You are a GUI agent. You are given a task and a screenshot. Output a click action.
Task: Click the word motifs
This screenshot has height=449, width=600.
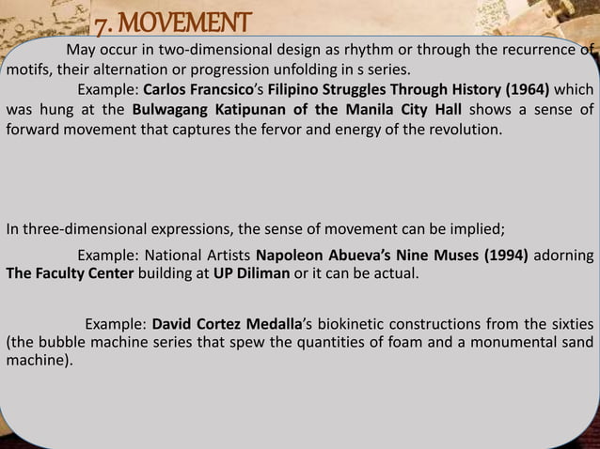point(30,70)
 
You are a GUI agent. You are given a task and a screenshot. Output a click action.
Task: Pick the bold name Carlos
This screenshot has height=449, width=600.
point(167,92)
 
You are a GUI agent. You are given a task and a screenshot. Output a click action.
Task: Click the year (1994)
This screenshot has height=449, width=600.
point(499,255)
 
